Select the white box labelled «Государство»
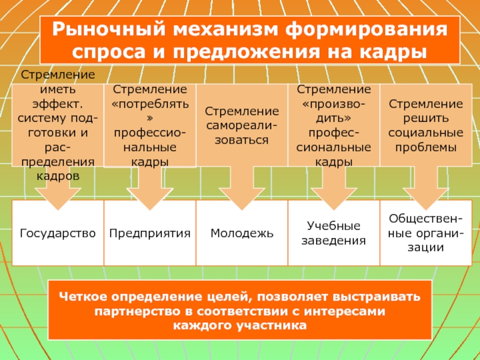pos(58,233)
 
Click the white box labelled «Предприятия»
pos(149,233)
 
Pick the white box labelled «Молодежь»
pos(241,233)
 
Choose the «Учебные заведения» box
pos(334,233)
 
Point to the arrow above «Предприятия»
pos(149,186)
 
